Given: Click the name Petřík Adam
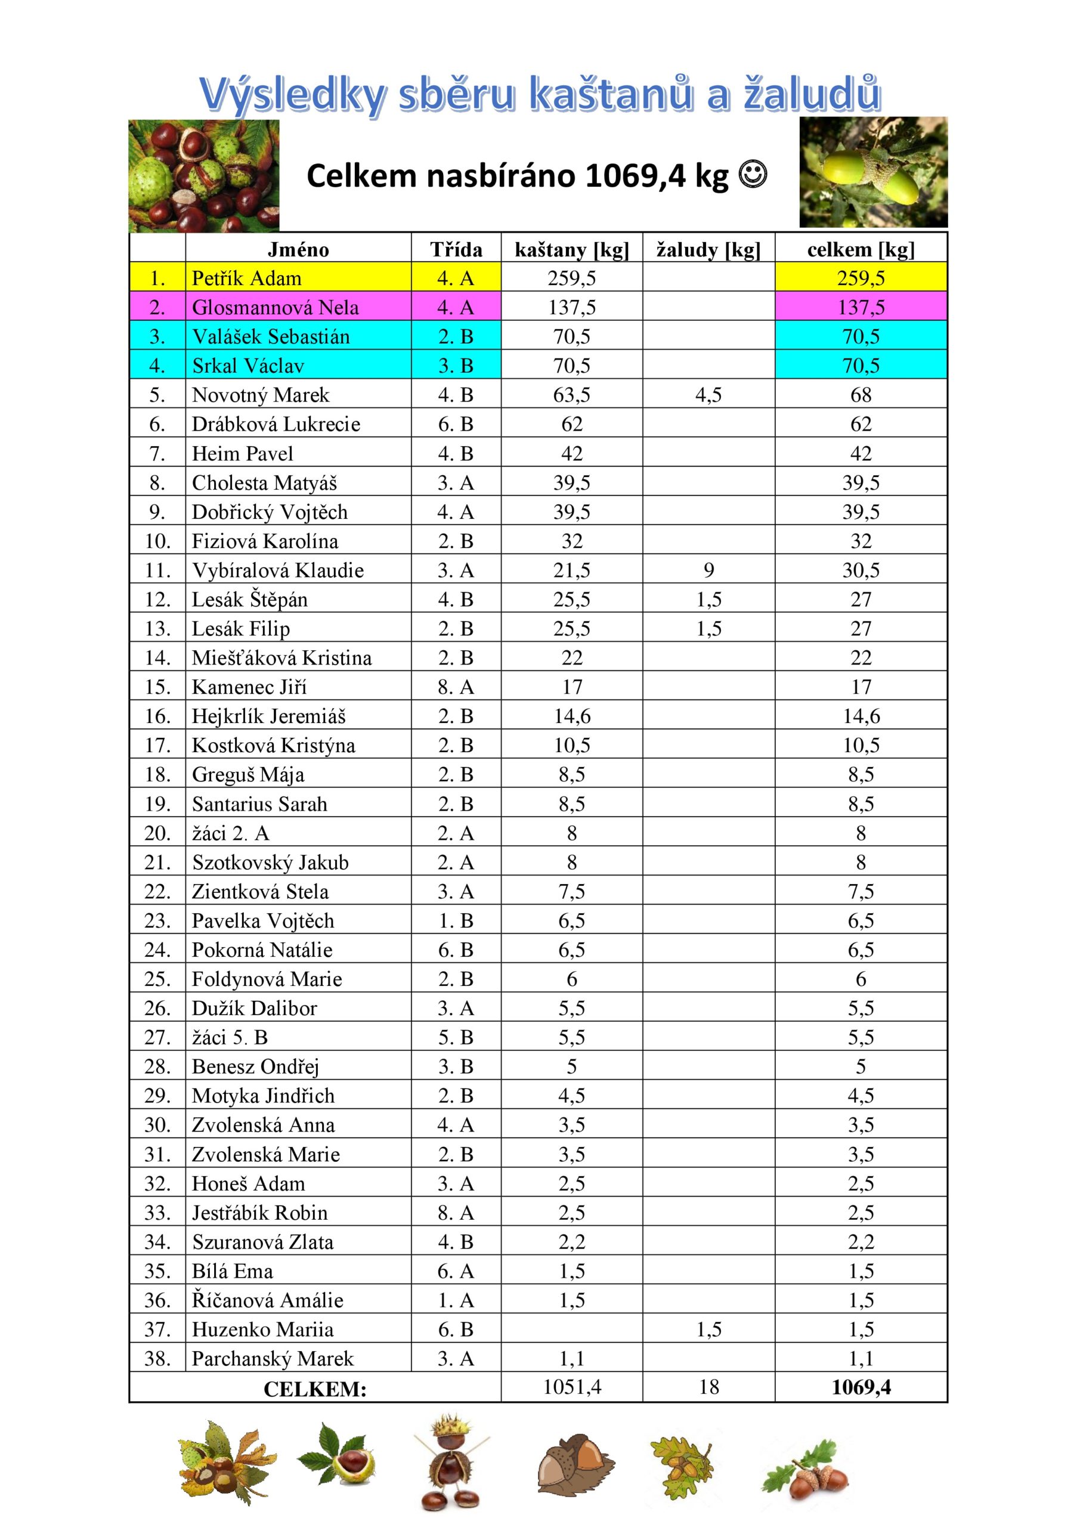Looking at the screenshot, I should pos(246,278).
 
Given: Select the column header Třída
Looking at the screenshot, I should pos(456,249).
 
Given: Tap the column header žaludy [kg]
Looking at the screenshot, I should pos(708,249).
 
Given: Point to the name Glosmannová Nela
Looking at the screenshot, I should pos(275,307).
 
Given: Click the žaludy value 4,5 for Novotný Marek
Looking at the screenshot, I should pos(708,395).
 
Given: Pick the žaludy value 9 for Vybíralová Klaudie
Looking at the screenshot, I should pos(709,570).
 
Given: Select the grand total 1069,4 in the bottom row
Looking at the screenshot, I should pos(861,1387).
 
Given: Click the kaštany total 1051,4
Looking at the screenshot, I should pos(572,1387).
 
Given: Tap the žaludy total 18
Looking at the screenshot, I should pos(709,1387).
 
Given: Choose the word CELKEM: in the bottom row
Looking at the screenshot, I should pos(315,1389).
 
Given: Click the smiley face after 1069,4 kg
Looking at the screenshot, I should pos(753,175).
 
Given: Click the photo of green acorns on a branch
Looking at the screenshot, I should pos(873,173).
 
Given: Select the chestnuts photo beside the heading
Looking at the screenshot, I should pos(203,175).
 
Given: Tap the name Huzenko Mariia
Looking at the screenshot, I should pos(262,1330).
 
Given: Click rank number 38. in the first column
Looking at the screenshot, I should pos(157,1359).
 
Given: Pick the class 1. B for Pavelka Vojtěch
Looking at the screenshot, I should pos(456,921).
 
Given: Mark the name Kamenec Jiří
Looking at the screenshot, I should pos(249,687).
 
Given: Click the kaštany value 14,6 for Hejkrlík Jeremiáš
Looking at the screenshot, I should pos(572,716).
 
